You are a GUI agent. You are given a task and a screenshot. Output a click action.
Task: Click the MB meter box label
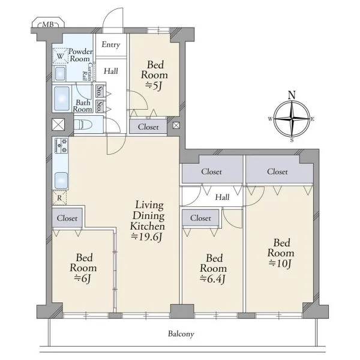[48, 24]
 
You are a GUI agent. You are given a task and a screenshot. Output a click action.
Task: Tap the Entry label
[111, 44]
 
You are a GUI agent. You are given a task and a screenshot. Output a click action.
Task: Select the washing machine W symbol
[61, 56]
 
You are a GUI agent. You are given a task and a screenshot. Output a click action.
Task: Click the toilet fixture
[83, 125]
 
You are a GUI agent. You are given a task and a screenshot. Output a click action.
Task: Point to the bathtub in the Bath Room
[62, 98]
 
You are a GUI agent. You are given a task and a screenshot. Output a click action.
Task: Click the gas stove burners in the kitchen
[61, 146]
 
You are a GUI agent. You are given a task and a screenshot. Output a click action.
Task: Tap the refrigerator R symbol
[59, 197]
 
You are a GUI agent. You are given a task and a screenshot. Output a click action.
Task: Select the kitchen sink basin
[61, 181]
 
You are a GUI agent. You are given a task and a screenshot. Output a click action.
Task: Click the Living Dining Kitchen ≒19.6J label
[148, 221]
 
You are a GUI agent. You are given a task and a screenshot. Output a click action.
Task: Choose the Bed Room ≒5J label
[155, 75]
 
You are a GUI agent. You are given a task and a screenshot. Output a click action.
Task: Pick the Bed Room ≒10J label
[281, 253]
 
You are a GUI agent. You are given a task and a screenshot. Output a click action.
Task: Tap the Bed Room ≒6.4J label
[213, 269]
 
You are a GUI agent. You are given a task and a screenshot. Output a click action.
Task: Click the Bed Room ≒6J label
[83, 268]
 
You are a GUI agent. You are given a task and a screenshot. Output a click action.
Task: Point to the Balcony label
[181, 334]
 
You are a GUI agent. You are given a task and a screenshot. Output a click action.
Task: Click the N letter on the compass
[292, 95]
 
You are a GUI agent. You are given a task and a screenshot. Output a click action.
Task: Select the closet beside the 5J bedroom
[148, 127]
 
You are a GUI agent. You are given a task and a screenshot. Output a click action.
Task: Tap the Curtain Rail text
[88, 71]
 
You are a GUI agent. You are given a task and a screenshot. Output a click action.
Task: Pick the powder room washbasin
[60, 73]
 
